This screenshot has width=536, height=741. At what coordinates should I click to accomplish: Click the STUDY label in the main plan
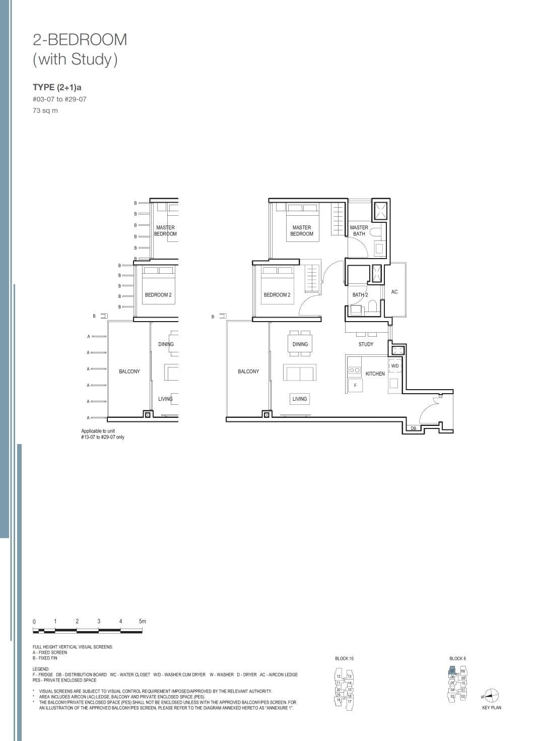[x=366, y=344]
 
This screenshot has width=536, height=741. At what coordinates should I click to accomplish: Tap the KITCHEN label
[x=375, y=374]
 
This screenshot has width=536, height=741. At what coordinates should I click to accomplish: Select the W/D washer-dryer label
[x=394, y=366]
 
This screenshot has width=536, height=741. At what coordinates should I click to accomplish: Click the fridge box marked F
[x=355, y=386]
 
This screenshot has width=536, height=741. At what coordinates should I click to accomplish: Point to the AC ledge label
[x=394, y=292]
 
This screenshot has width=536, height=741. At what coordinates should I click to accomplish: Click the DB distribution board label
[x=413, y=428]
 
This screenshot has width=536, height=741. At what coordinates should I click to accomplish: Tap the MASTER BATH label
[x=359, y=230]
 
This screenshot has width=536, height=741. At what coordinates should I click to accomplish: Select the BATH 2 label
[x=360, y=295]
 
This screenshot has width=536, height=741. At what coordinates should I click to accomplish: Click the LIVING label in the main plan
[x=299, y=399]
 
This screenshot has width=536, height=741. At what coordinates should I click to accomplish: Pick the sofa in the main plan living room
[x=299, y=374]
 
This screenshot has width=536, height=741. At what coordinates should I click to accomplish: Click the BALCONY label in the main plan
[x=248, y=372]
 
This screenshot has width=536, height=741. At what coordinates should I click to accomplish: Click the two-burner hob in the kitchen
[x=355, y=370]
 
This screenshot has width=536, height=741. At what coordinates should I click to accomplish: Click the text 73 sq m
[x=45, y=111]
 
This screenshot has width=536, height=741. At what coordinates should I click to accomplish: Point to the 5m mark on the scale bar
[x=142, y=622]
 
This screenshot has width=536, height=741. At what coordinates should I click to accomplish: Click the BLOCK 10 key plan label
[x=344, y=658]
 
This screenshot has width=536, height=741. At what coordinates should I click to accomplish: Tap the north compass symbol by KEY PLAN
[x=492, y=696]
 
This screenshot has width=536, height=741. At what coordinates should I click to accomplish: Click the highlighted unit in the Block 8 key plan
[x=452, y=671]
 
